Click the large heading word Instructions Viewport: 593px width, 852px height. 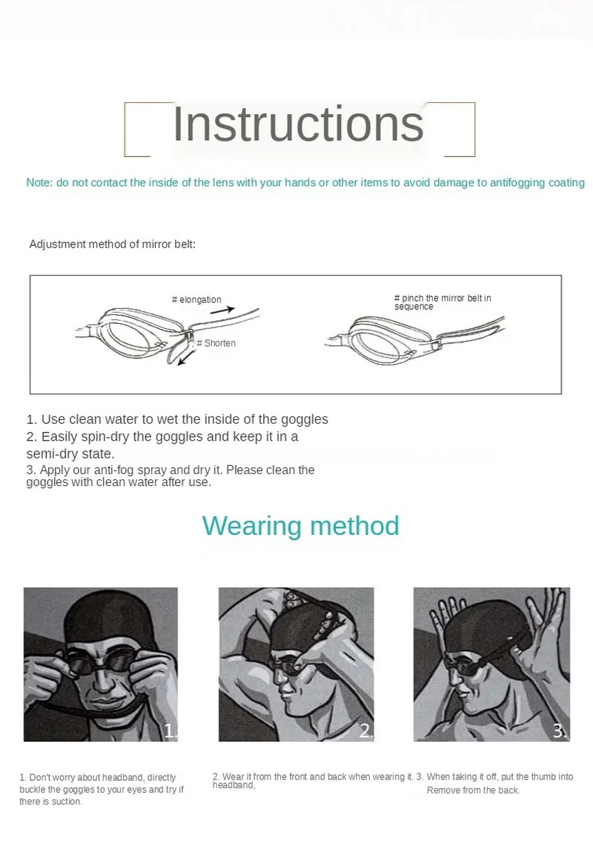tap(298, 124)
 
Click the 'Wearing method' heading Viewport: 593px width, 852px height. tap(300, 525)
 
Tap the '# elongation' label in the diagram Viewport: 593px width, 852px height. tap(196, 299)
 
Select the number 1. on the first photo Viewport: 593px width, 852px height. tap(170, 731)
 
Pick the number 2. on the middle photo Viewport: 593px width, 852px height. tap(365, 731)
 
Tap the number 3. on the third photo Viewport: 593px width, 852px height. tap(560, 731)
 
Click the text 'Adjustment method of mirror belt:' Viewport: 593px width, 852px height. tap(113, 244)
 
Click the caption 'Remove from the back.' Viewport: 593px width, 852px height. tap(473, 791)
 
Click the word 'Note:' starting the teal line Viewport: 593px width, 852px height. tap(39, 182)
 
